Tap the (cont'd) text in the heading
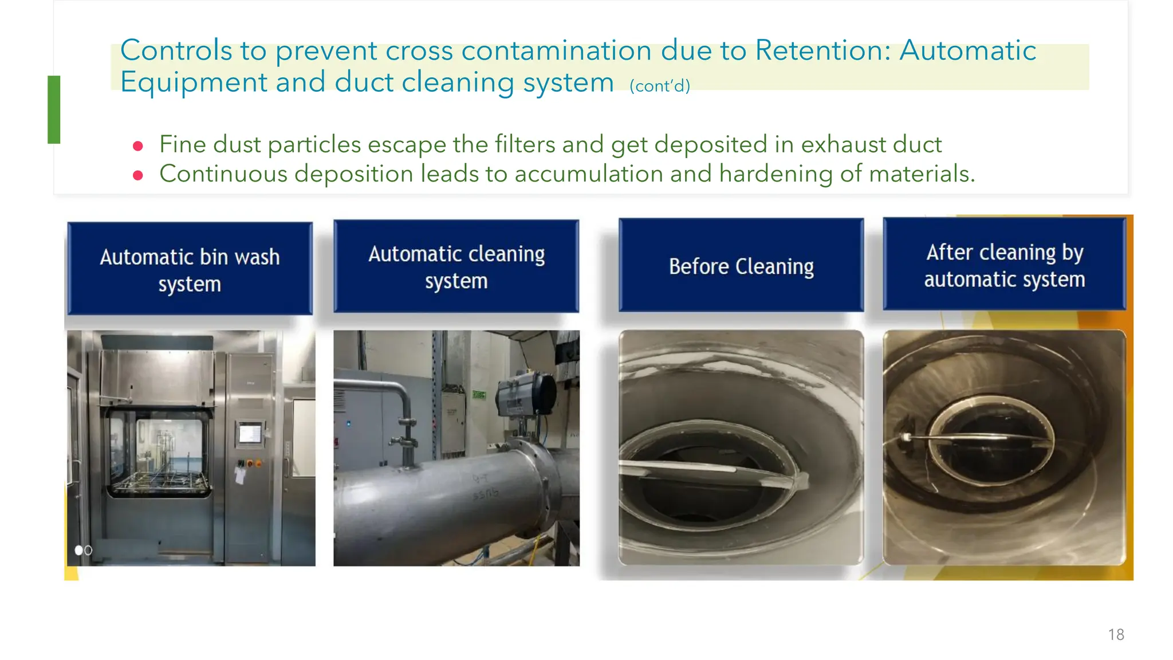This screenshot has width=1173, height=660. (x=659, y=86)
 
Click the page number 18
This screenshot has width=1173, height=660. (x=1116, y=634)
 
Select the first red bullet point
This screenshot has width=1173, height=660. (x=137, y=146)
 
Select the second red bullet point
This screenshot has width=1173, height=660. (x=137, y=175)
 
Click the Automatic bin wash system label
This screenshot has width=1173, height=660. (x=190, y=269)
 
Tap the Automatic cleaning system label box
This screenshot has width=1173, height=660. (x=456, y=266)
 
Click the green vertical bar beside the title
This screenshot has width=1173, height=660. (x=54, y=109)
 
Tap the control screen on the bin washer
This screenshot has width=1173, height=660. (x=250, y=433)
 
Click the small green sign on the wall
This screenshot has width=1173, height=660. (x=479, y=395)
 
